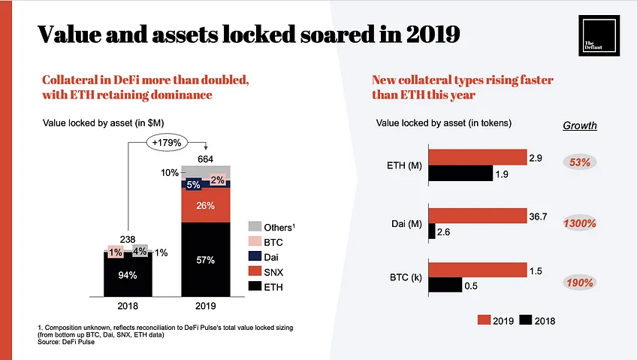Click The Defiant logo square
(x=599, y=35)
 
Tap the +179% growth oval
(x=167, y=143)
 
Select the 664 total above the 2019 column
(x=205, y=159)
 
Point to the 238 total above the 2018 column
(x=128, y=239)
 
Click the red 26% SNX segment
(x=206, y=205)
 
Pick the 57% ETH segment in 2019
(x=206, y=259)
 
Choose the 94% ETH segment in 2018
(x=128, y=275)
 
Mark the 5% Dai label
(x=193, y=185)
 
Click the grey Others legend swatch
(x=255, y=227)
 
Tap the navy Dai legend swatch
(x=255, y=256)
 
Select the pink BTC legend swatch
(x=255, y=241)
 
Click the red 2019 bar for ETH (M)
(x=478, y=157)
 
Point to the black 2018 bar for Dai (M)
(x=432, y=231)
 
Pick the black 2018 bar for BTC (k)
(x=445, y=285)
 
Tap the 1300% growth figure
(x=580, y=223)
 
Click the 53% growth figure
(x=580, y=162)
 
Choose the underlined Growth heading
(x=580, y=126)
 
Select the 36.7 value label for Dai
(x=538, y=216)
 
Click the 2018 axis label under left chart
(x=128, y=306)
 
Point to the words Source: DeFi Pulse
(x=66, y=342)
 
